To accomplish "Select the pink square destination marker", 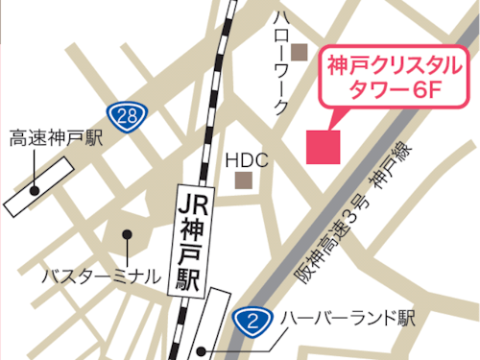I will (324, 145).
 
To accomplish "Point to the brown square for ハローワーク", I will (300, 51).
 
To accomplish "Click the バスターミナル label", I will (101, 276).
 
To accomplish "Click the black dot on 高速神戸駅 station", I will (36, 190).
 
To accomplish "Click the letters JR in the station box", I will (191, 204).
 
